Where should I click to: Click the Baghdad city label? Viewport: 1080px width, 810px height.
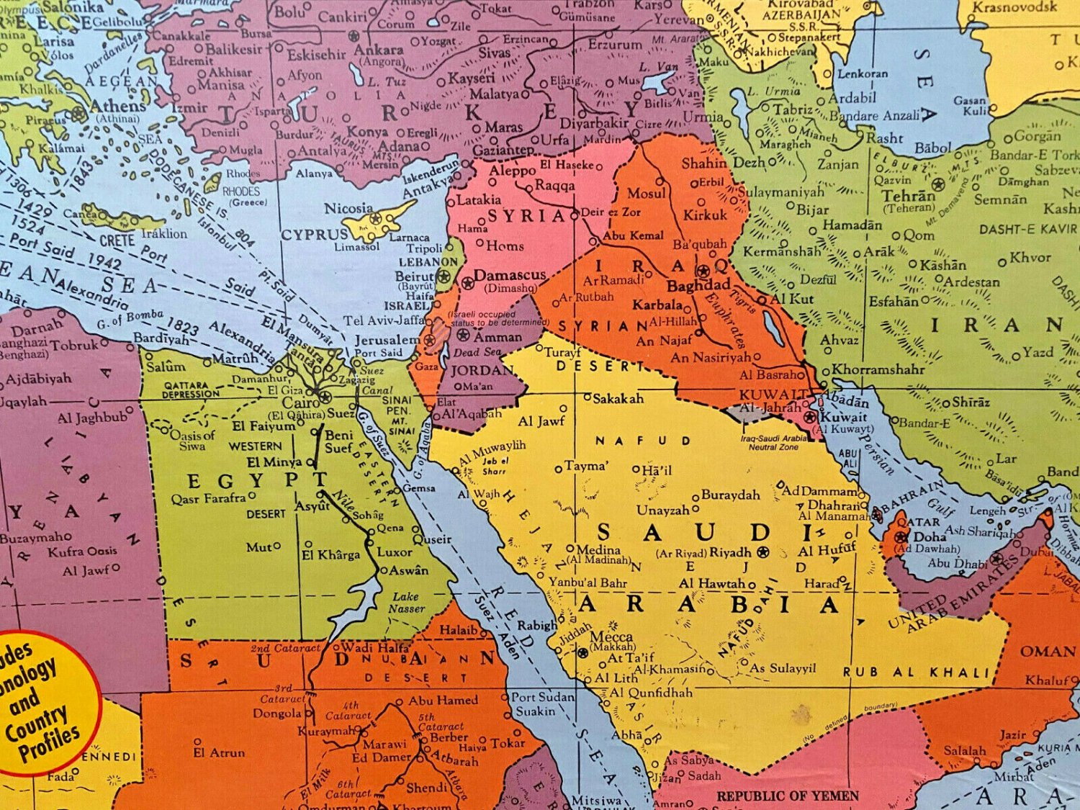pos(698,285)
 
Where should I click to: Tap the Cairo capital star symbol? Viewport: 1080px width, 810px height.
pos(325,397)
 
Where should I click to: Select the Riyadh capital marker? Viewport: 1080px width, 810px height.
pos(763,552)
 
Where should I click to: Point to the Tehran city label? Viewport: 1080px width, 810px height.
pos(909,196)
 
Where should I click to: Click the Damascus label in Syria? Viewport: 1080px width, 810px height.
pos(510,276)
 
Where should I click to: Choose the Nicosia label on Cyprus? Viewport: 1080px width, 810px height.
pos(348,209)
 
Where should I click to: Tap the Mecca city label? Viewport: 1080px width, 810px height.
pos(611,637)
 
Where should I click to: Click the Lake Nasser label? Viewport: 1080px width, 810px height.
pos(407,603)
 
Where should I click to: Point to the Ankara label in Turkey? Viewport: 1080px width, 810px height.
pos(378,50)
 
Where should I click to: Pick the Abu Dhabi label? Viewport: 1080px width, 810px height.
pos(957,563)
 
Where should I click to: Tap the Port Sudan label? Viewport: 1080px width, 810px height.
pos(542,697)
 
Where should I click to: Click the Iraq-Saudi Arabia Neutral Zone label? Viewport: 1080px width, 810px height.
pos(773,442)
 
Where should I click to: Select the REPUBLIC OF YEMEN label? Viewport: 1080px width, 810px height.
pos(787,796)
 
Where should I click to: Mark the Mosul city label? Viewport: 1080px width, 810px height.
pos(646,193)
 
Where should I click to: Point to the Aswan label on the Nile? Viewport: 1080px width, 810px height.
pos(409,570)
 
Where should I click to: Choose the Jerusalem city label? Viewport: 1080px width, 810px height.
pos(387,339)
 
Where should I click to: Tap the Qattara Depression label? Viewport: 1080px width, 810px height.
pos(191,390)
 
